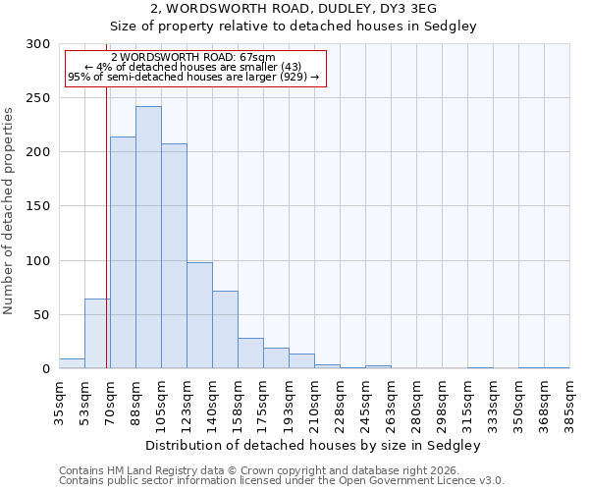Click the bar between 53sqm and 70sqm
click(x=97, y=334)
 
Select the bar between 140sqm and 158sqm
click(x=225, y=330)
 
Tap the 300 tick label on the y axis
click(x=37, y=44)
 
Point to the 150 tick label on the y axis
click(x=37, y=207)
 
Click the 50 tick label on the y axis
click(x=41, y=315)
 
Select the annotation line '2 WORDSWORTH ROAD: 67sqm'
click(x=193, y=57)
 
